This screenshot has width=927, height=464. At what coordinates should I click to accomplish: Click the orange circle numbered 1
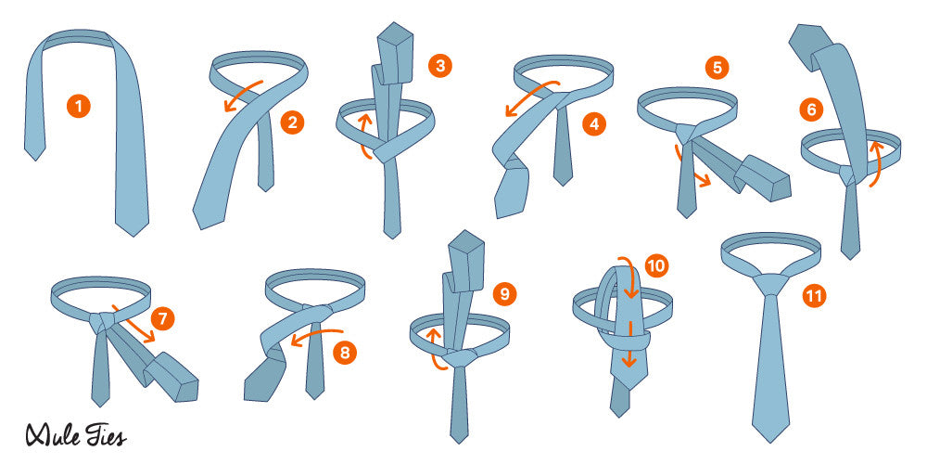[78, 107]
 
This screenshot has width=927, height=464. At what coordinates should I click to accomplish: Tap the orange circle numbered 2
[291, 123]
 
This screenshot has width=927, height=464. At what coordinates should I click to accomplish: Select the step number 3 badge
[439, 65]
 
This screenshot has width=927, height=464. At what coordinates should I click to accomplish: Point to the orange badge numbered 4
[593, 123]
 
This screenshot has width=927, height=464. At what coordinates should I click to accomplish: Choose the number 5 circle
[717, 68]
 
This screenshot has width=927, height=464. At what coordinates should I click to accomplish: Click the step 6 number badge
[811, 110]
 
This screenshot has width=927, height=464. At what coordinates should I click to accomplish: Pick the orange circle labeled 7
[162, 319]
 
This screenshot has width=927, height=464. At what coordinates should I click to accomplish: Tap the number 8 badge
[345, 353]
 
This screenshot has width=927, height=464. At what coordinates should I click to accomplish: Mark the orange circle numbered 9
[504, 294]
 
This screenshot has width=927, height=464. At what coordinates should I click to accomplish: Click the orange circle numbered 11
[815, 296]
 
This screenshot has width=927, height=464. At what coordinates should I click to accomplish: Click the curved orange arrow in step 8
[316, 335]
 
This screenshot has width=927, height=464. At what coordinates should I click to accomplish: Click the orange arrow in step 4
[531, 97]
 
